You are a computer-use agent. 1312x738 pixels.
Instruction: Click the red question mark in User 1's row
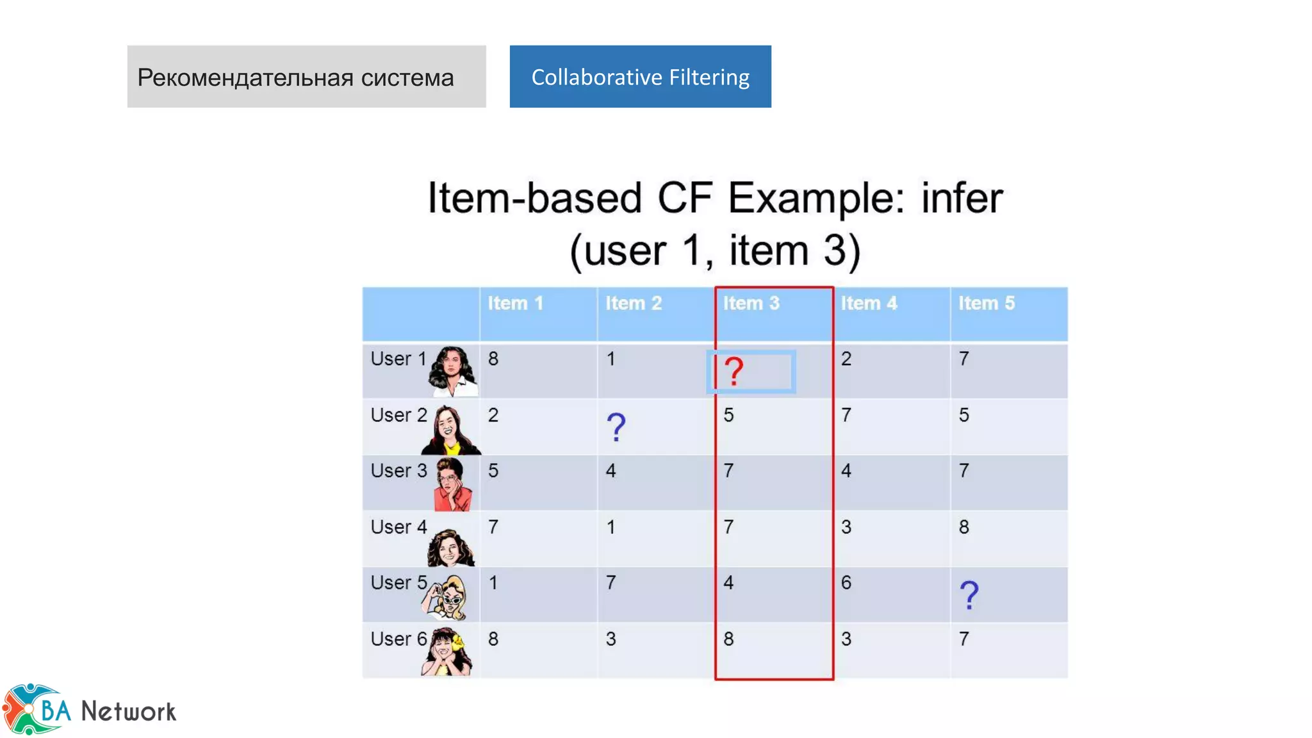point(734,371)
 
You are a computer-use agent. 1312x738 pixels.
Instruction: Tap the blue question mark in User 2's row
point(616,427)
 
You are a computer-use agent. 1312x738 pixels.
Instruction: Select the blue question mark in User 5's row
point(969,595)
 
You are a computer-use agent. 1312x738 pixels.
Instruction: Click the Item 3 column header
point(751,303)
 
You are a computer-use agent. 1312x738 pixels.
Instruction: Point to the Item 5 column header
point(987,303)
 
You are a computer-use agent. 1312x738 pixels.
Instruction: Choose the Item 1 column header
point(516,303)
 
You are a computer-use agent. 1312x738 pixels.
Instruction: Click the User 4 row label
point(398,527)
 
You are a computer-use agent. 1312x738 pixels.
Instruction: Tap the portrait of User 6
point(447,652)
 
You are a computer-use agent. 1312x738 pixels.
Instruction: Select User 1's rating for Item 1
point(493,359)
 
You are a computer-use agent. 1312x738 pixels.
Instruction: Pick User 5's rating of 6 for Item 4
point(846,583)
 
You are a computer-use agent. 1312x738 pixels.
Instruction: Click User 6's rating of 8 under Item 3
point(728,639)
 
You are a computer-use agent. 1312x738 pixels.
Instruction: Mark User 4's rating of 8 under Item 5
point(964,527)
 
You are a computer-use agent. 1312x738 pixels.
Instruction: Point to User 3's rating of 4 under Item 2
point(611,471)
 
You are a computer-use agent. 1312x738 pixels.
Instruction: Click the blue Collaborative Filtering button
point(640,77)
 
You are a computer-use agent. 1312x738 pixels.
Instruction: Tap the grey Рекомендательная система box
point(306,77)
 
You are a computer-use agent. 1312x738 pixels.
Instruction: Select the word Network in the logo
point(128,712)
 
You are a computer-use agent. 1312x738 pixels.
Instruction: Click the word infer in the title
point(962,198)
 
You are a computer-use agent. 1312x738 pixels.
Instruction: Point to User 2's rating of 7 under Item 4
point(846,415)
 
